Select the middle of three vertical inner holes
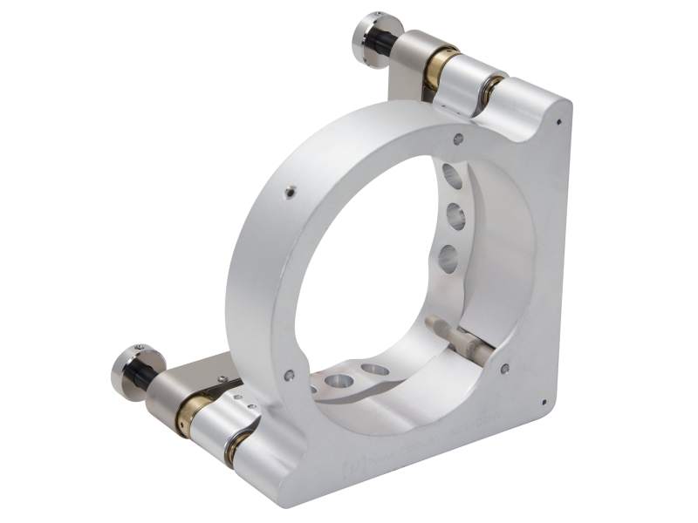coord(454,214)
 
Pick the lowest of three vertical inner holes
coord(449,258)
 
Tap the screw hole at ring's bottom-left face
coord(289,376)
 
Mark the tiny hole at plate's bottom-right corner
coord(544,404)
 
